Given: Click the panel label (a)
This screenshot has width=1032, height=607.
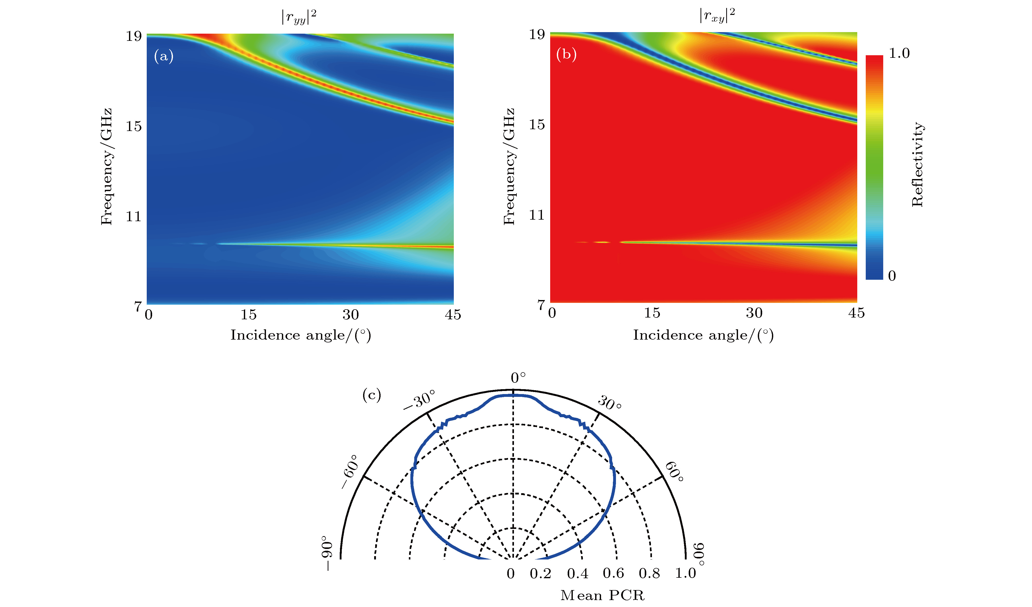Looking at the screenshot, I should coord(163,56).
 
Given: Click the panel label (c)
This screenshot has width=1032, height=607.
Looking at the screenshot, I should coord(371,395).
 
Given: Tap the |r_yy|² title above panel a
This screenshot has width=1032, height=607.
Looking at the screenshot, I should coord(299,17).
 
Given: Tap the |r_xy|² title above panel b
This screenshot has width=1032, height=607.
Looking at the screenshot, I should coord(717,15).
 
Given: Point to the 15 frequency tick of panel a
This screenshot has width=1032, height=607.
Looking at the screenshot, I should coord(134,126).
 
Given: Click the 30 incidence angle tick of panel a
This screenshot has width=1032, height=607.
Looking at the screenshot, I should coord(351,314).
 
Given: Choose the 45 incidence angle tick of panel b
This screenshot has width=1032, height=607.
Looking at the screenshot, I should coord(856,313).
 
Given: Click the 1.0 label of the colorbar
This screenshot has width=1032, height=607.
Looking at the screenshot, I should coord(899,53).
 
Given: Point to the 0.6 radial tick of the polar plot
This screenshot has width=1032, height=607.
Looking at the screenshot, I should coord(613,573).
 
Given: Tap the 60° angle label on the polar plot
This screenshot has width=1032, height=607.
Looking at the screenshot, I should coord(674,472).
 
